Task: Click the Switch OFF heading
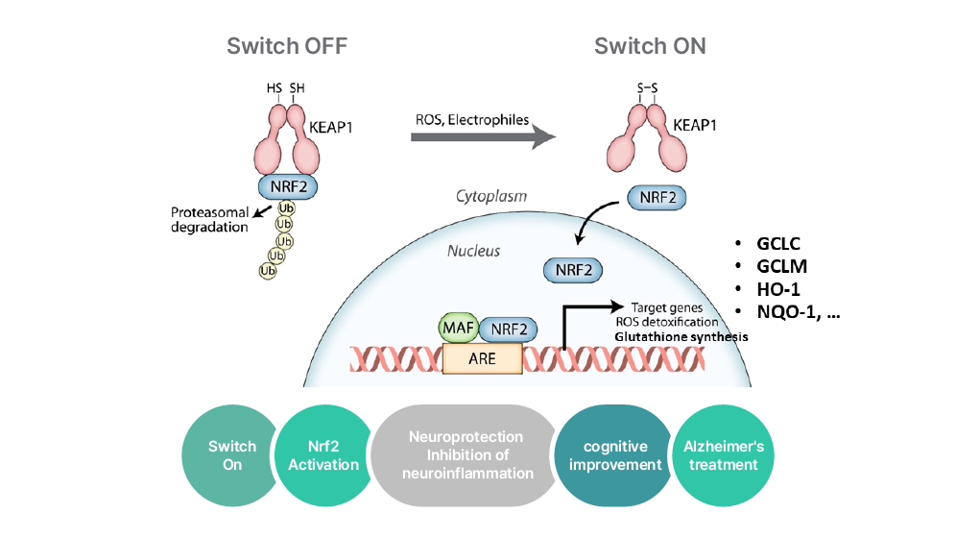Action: [x=286, y=45]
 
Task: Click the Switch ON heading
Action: [x=650, y=45]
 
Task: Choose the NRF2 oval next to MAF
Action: [x=510, y=330]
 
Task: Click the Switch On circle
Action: [x=232, y=455]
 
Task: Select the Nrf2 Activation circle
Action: [x=323, y=455]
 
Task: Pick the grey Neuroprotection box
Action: [x=466, y=455]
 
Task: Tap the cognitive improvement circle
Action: [x=615, y=455]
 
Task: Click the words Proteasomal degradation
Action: [x=209, y=220]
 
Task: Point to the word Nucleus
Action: [x=473, y=251]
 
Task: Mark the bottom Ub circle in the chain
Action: [x=267, y=271]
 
